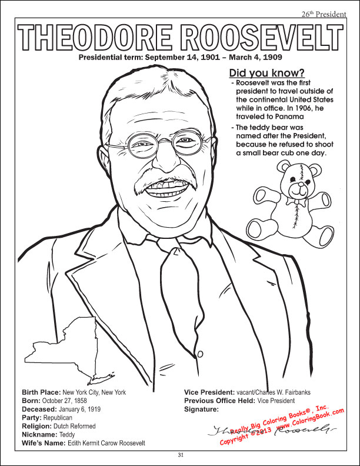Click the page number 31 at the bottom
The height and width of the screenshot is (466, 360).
point(181,454)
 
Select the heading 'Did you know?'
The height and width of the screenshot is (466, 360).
point(266,73)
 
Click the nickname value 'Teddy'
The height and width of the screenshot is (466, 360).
point(67,434)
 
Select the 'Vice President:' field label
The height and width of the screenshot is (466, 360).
point(210,392)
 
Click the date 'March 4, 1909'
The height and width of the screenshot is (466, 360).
point(255,58)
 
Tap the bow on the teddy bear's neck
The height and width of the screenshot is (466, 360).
point(297,202)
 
